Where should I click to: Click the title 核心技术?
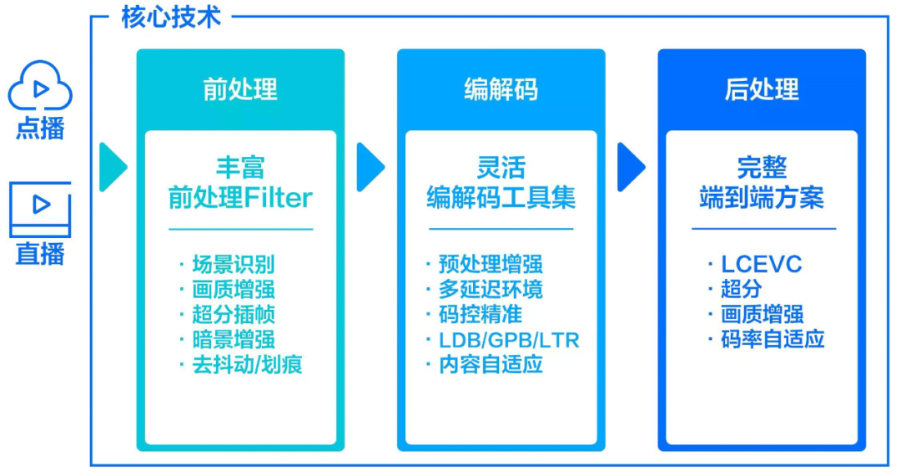[171, 17]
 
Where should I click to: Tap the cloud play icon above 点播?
[39, 86]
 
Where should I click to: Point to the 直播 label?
[39, 252]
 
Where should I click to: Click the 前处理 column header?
[240, 89]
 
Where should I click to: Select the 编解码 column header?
[501, 89]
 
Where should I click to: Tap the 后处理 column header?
[761, 89]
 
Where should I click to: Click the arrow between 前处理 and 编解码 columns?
[370, 167]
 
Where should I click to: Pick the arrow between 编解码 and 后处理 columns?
[631, 167]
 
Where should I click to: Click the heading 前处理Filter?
[240, 198]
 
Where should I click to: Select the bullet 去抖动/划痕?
[246, 364]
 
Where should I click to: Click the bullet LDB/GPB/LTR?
[508, 340]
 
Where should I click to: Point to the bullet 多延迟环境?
[490, 290]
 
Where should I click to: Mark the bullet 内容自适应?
[490, 365]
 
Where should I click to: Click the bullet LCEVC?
[761, 265]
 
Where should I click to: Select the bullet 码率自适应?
[772, 339]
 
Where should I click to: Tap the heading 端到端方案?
[761, 198]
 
